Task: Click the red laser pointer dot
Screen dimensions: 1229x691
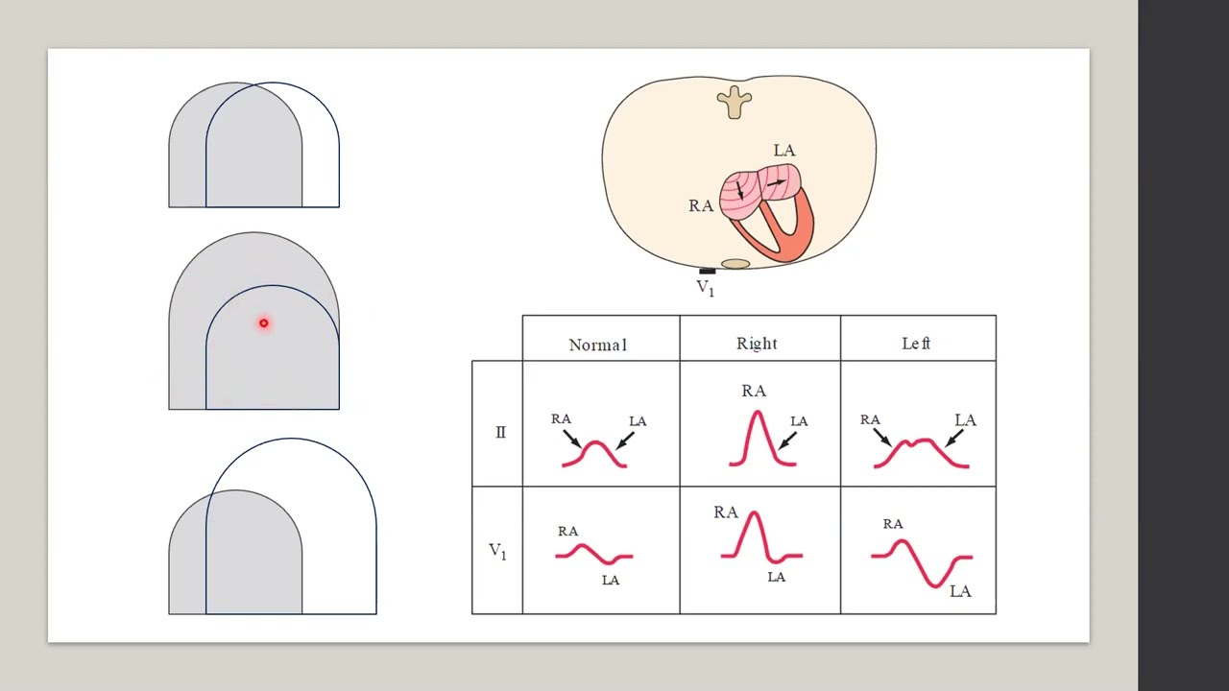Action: tap(263, 323)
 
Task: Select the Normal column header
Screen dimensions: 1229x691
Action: tap(597, 345)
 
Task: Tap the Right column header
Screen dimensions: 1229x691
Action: tap(757, 344)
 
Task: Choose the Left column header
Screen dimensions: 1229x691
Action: tap(916, 344)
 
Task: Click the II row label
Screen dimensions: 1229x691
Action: tap(500, 432)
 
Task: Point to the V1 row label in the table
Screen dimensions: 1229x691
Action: tap(497, 551)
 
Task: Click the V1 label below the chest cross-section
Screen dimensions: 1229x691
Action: tap(705, 288)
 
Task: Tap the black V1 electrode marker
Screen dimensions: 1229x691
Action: tap(708, 271)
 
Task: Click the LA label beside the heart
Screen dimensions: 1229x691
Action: tap(784, 151)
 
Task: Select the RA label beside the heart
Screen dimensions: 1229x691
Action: tap(701, 205)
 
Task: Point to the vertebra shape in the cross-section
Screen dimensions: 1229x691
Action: tap(735, 102)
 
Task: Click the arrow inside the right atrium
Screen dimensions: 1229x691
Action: tap(739, 190)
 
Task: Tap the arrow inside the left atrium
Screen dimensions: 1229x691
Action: tap(776, 182)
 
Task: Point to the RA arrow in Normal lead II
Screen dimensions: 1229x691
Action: tap(571, 439)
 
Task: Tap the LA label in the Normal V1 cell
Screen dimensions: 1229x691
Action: tap(610, 581)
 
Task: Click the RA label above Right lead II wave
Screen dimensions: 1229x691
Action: tap(754, 391)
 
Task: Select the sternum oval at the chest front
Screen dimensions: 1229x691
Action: tap(735, 264)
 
